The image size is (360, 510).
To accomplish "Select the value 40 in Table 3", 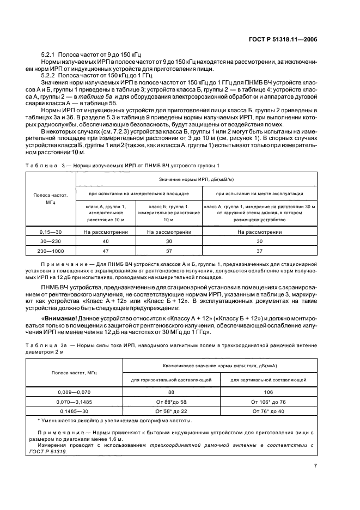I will coord(106,241).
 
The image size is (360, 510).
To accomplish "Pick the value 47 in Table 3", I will coord(106,251).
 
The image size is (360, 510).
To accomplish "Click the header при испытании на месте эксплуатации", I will coord(259,193).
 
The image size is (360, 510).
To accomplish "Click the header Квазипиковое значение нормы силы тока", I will coord(216,367).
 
